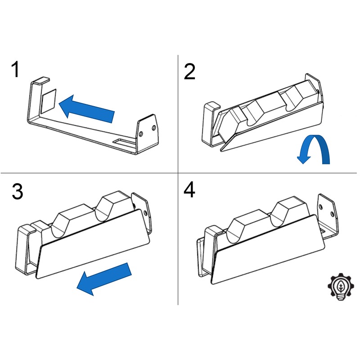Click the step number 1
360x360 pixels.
[15, 69]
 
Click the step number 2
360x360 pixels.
[189, 72]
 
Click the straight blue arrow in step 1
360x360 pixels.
[86, 108]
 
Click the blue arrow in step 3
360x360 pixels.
[104, 279]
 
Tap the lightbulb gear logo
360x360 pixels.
[341, 287]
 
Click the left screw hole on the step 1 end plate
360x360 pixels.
[141, 134]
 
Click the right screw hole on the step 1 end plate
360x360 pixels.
[154, 128]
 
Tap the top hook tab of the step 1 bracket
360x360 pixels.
[40, 80]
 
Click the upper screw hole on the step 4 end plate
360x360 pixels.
[321, 207]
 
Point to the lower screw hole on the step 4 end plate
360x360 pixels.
[332, 214]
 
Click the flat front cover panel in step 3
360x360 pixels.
[93, 244]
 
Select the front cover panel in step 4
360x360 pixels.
[268, 249]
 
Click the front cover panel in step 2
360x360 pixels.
[272, 127]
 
